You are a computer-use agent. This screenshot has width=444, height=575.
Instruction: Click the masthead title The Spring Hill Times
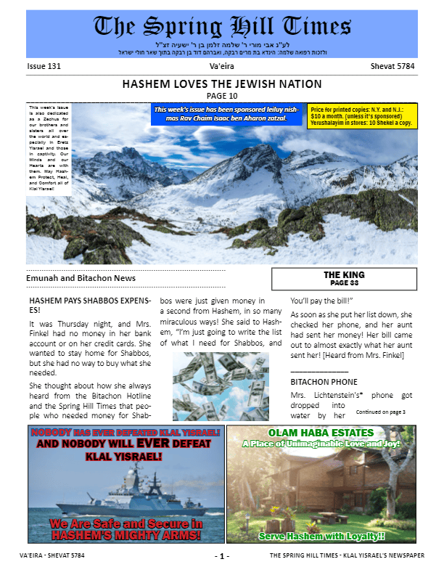[222, 28]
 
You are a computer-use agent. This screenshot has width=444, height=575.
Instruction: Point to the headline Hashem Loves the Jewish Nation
[222, 84]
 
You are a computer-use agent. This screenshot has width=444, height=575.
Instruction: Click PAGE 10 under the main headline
[222, 95]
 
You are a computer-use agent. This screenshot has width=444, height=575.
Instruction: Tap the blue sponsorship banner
[226, 113]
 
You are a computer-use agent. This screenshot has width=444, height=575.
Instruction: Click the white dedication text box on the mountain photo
[49, 149]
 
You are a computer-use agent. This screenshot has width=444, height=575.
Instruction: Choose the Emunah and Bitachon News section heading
[81, 277]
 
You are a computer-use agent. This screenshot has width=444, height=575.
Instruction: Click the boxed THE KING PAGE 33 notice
[344, 279]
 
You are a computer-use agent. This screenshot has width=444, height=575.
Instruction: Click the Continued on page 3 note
[400, 412]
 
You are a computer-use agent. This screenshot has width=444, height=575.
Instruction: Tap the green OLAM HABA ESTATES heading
[321, 433]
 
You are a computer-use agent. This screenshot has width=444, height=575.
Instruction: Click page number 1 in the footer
[222, 556]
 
